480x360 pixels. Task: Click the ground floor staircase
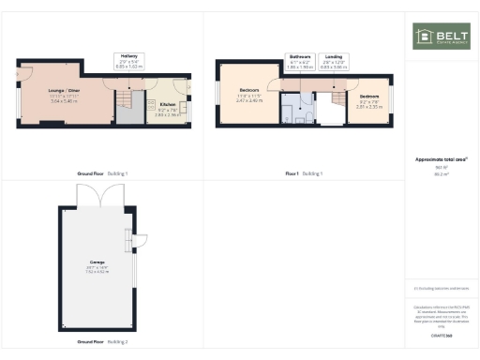point(132,103)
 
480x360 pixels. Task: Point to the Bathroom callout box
point(299,61)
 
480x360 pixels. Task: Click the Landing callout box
point(333,61)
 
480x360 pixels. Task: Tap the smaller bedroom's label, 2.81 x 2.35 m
point(368,101)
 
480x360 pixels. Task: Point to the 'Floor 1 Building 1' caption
point(304,173)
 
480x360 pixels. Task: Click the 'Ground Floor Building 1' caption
point(102,173)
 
